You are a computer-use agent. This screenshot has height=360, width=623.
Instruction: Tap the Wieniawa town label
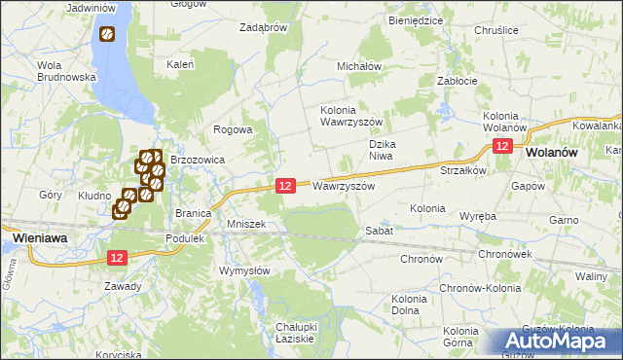point(39,236)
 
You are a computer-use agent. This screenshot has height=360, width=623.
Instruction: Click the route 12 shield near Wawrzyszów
point(285,185)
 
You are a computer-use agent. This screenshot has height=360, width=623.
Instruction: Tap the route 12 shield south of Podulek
point(118,257)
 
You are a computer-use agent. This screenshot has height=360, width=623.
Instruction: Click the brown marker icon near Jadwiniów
point(106,35)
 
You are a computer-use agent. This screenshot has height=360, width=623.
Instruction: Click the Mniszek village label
point(246,224)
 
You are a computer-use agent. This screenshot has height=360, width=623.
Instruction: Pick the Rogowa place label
point(234,129)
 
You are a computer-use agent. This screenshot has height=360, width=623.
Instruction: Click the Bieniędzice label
point(416,19)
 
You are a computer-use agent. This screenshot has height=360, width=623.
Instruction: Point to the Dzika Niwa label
point(385,150)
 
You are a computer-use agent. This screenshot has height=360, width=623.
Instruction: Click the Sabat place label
point(379,231)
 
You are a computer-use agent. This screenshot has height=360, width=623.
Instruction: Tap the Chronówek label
point(504,254)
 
